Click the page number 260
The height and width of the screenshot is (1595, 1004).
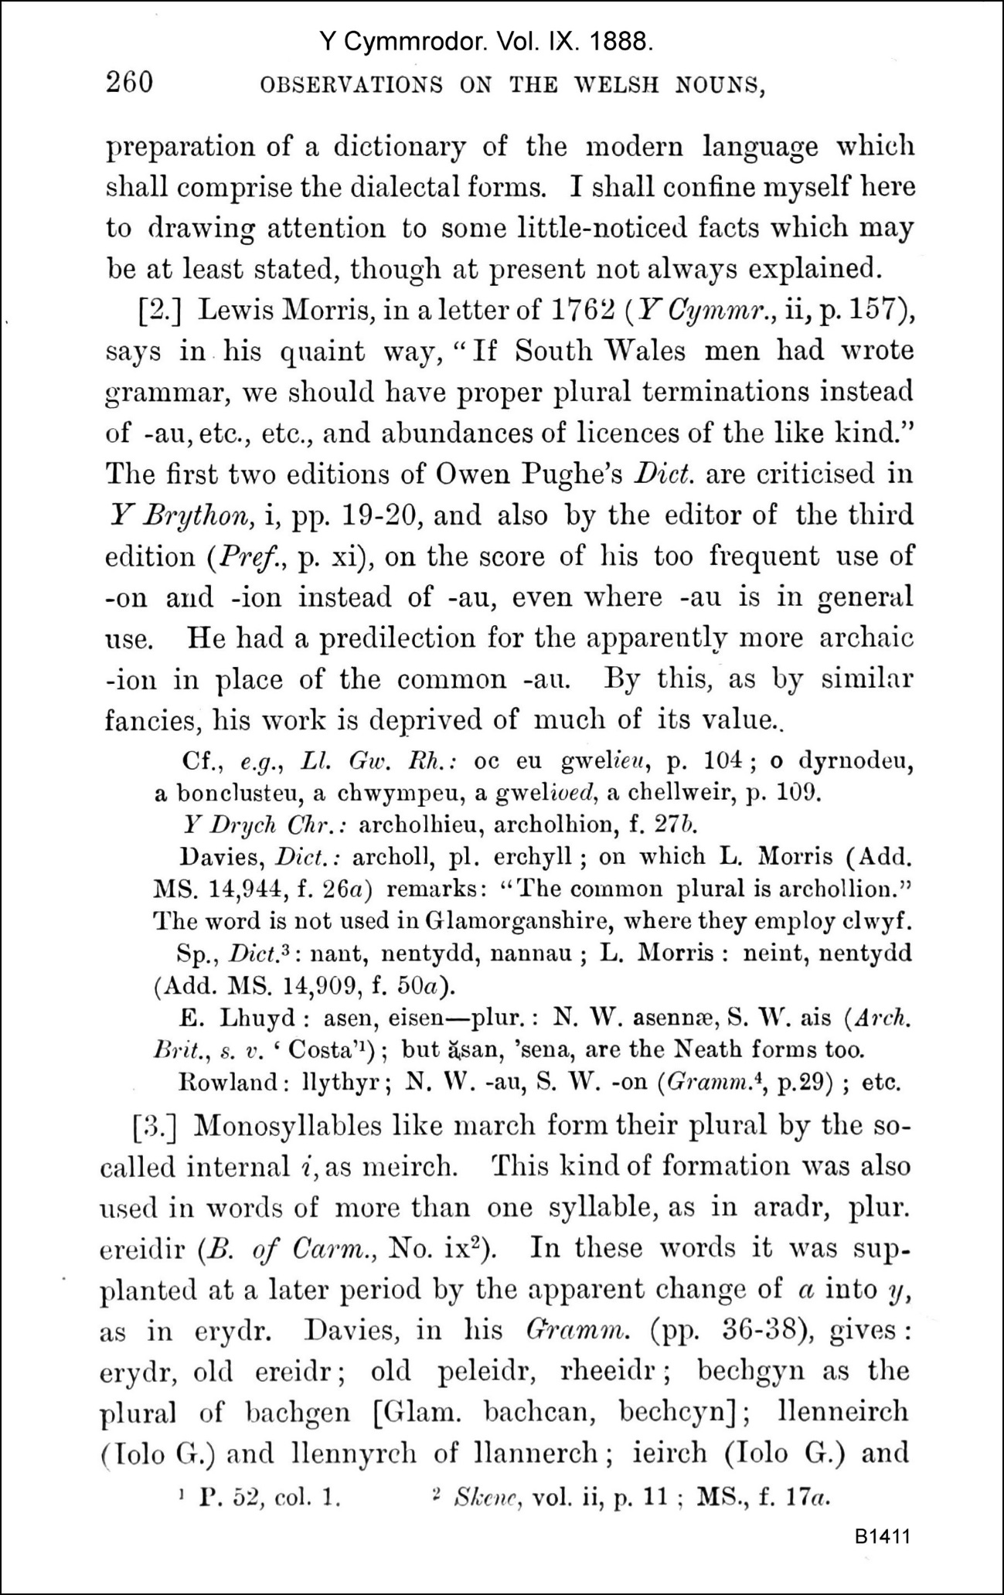[129, 82]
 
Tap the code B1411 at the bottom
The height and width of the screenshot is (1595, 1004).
[882, 1535]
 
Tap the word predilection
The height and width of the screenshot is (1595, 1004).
[380, 638]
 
